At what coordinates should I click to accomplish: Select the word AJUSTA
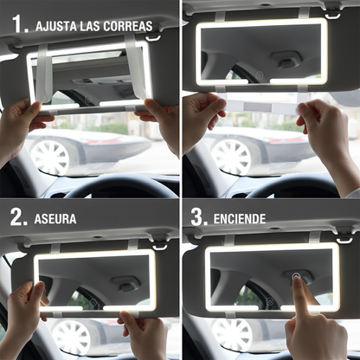coord(60,26)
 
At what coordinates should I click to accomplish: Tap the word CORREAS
coord(130,26)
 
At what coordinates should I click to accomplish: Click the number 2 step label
coord(18,217)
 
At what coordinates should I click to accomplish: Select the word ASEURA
coord(55,218)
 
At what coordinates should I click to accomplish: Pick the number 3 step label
coord(198,217)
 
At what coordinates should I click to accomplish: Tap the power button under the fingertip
coord(297,280)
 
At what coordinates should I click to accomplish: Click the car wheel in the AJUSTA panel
coord(49,156)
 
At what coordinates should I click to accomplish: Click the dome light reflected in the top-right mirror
coord(286,59)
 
